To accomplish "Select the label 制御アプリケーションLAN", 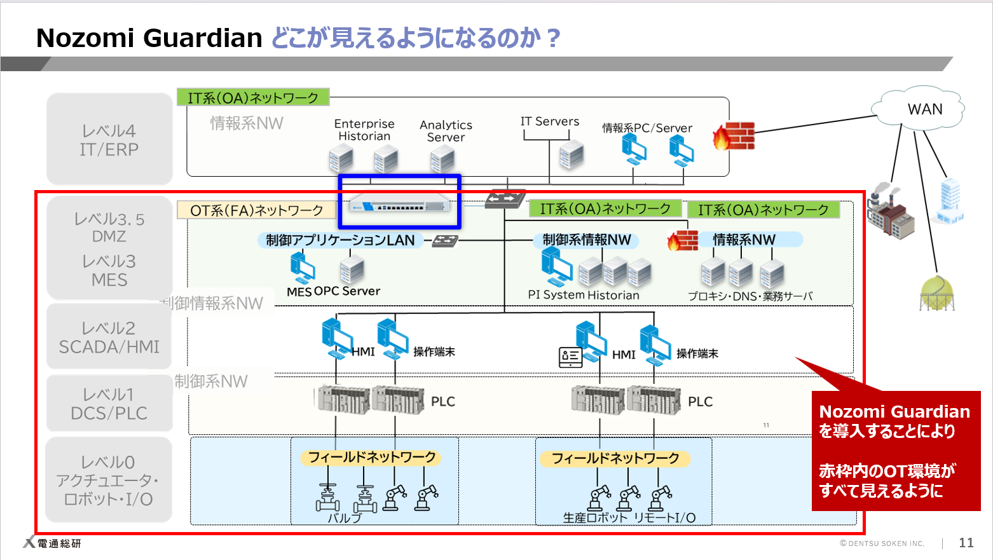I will point(340,240).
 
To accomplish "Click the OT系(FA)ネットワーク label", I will point(256,210).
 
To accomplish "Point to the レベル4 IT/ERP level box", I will point(109,140).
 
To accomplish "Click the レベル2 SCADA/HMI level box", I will point(109,337).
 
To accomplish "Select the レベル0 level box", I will point(109,480).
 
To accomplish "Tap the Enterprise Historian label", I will point(364,130).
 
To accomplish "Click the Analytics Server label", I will point(446,131).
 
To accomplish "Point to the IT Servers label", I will point(550,121).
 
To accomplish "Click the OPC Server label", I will point(347,291).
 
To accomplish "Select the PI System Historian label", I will point(584,295).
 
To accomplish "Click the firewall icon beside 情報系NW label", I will point(683,240).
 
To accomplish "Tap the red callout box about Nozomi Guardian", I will point(895,450).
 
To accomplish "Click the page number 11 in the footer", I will point(966,542).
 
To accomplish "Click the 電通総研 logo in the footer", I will point(53,543).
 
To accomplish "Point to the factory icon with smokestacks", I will point(891,211).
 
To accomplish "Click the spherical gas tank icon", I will point(937,293).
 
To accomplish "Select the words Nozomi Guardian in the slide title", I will point(149,38).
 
